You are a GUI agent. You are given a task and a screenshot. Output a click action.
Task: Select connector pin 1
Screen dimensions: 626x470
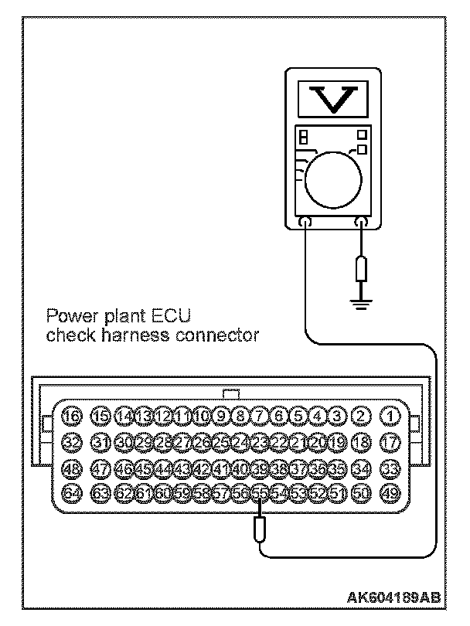(x=392, y=417)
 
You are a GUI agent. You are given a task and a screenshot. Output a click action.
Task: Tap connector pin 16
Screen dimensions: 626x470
(x=72, y=417)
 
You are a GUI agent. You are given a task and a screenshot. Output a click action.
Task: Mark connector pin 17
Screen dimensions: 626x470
(x=392, y=442)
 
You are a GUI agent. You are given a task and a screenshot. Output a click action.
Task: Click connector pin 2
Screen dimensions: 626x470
(x=360, y=417)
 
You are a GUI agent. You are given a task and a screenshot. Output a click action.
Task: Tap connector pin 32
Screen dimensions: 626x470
(x=72, y=442)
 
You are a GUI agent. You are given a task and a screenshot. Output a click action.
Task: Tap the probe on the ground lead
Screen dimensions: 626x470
(x=360, y=272)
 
